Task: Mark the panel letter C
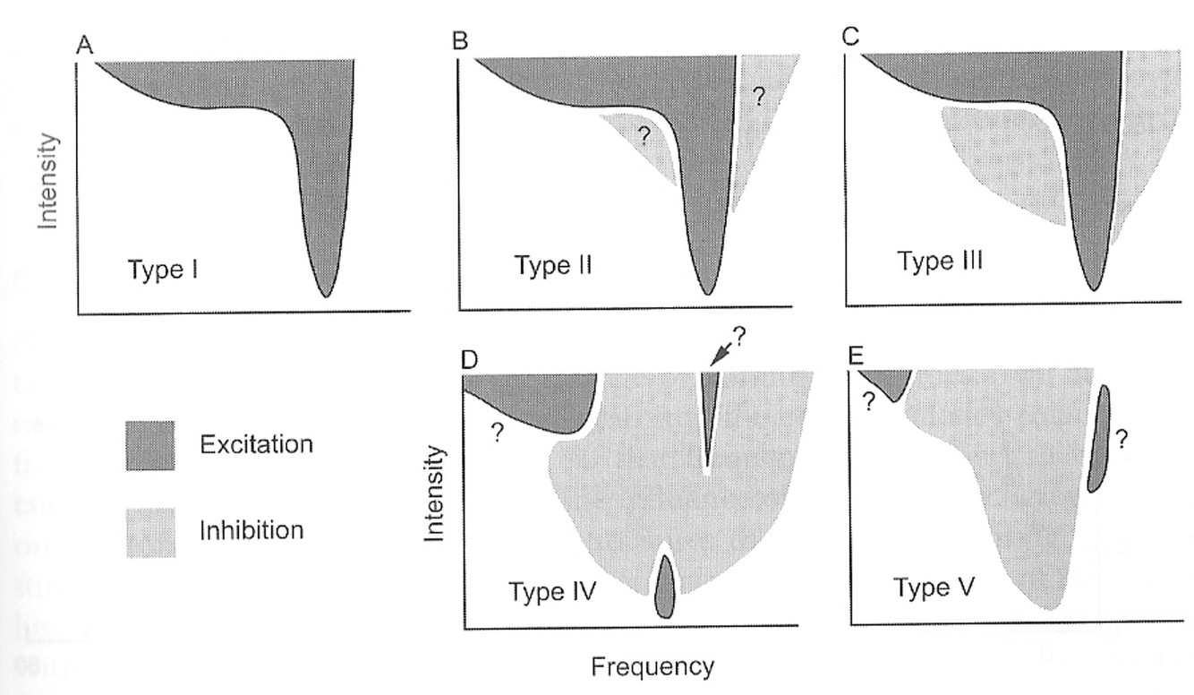851,39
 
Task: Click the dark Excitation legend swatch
149,444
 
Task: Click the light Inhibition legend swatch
149,530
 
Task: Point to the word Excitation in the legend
256,443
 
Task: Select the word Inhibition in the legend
252,529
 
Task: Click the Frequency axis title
652,666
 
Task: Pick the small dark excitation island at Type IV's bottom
664,588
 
